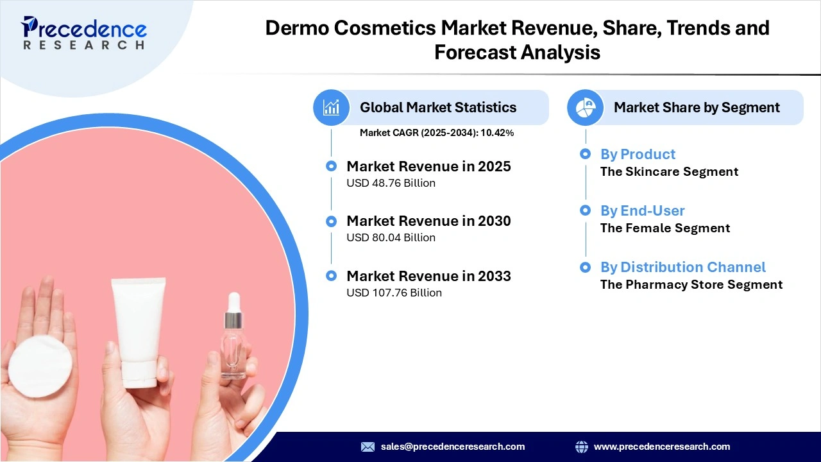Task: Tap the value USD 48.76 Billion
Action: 391,184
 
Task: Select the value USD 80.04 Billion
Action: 391,238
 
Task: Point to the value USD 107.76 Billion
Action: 394,293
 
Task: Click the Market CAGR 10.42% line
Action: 436,133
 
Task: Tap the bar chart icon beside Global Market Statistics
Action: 332,107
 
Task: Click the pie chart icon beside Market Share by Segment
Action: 586,107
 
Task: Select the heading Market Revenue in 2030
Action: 428,221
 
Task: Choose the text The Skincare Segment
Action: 669,172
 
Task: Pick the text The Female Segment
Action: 665,228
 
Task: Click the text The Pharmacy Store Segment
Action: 691,285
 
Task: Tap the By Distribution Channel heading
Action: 682,268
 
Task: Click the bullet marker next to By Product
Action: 585,154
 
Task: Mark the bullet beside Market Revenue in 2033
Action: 331,276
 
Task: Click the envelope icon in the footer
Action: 368,447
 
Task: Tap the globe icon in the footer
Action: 582,447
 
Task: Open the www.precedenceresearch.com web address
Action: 661,447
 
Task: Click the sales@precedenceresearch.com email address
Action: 452,447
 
